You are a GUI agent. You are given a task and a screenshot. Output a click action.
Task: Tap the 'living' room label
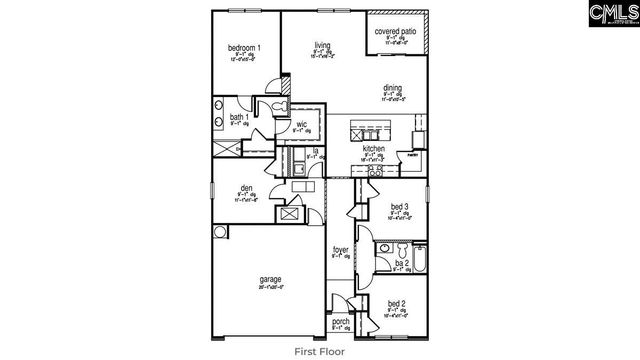pos(322,45)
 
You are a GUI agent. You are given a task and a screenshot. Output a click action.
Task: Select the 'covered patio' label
pos(395,32)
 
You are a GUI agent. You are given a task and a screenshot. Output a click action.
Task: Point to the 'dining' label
pos(392,88)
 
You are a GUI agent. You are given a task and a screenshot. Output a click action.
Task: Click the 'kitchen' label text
pos(373,148)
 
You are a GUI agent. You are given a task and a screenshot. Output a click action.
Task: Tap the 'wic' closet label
pos(301,124)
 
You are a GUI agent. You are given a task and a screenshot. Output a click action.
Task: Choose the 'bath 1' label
pos(239,117)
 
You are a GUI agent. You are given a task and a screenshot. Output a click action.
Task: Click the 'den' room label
pos(246,188)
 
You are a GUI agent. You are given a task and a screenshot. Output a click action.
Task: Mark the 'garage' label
pos(270,279)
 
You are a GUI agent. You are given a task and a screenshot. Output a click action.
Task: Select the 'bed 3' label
pos(400,207)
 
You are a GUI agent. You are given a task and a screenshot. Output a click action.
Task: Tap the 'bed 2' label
pos(396,303)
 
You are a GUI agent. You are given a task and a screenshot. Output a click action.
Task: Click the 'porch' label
pos(341,321)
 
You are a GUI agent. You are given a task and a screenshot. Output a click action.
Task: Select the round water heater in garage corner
pos(220,232)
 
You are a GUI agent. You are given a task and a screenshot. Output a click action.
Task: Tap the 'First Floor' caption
pos(320,351)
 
